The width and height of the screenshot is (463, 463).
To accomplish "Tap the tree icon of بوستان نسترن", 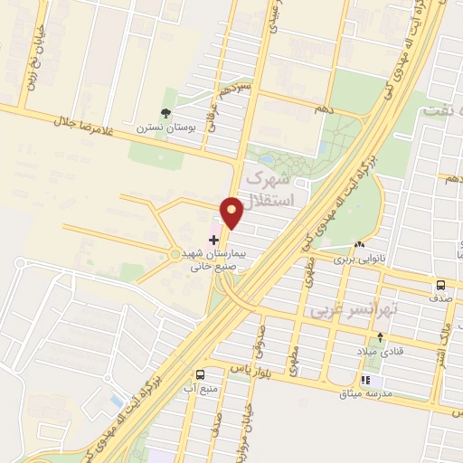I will tap(165, 113).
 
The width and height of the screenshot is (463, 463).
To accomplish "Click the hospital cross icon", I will tap(213, 240).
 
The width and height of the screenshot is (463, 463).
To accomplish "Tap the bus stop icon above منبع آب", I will tap(200, 373).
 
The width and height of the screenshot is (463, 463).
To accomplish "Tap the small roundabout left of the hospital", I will tap(175, 254).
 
